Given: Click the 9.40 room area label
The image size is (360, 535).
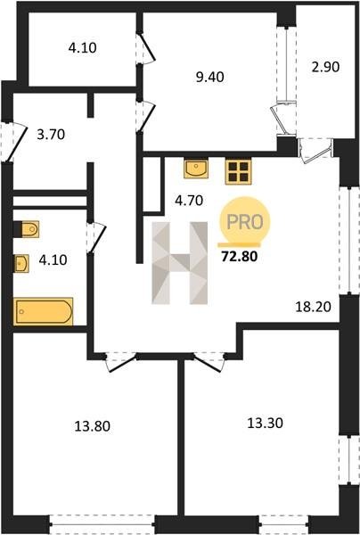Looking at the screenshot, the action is click(209, 77).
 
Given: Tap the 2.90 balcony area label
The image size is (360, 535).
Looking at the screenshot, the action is click(325, 67).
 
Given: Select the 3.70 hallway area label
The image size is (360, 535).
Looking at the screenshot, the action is click(51, 135).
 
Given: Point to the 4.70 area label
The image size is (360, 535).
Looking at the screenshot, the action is click(189, 201).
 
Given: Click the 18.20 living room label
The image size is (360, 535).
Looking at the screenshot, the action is click(313, 307).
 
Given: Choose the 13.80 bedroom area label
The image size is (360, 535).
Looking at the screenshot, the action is click(92, 426).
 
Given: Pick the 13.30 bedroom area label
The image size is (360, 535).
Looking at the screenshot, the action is click(265, 424).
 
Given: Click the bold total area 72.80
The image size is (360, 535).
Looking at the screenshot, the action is click(240, 256).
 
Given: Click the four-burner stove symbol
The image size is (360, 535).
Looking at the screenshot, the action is click(238, 171).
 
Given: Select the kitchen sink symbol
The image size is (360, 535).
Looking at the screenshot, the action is click(196, 169).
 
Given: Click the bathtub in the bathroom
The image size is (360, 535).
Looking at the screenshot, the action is click(43, 311).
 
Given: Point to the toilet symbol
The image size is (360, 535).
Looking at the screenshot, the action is click(26, 229).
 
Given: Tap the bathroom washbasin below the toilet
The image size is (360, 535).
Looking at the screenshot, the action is click(20, 264).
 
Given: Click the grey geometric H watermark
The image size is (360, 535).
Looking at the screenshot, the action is click(180, 263).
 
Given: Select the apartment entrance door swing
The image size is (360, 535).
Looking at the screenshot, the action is click(13, 142).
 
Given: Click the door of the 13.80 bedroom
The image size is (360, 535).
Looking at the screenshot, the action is click(121, 362).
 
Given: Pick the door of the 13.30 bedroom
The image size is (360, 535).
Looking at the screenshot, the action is click(209, 362).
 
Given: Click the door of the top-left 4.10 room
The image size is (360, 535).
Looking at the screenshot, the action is click(145, 49).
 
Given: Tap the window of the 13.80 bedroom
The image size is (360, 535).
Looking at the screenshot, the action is click(102, 525).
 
